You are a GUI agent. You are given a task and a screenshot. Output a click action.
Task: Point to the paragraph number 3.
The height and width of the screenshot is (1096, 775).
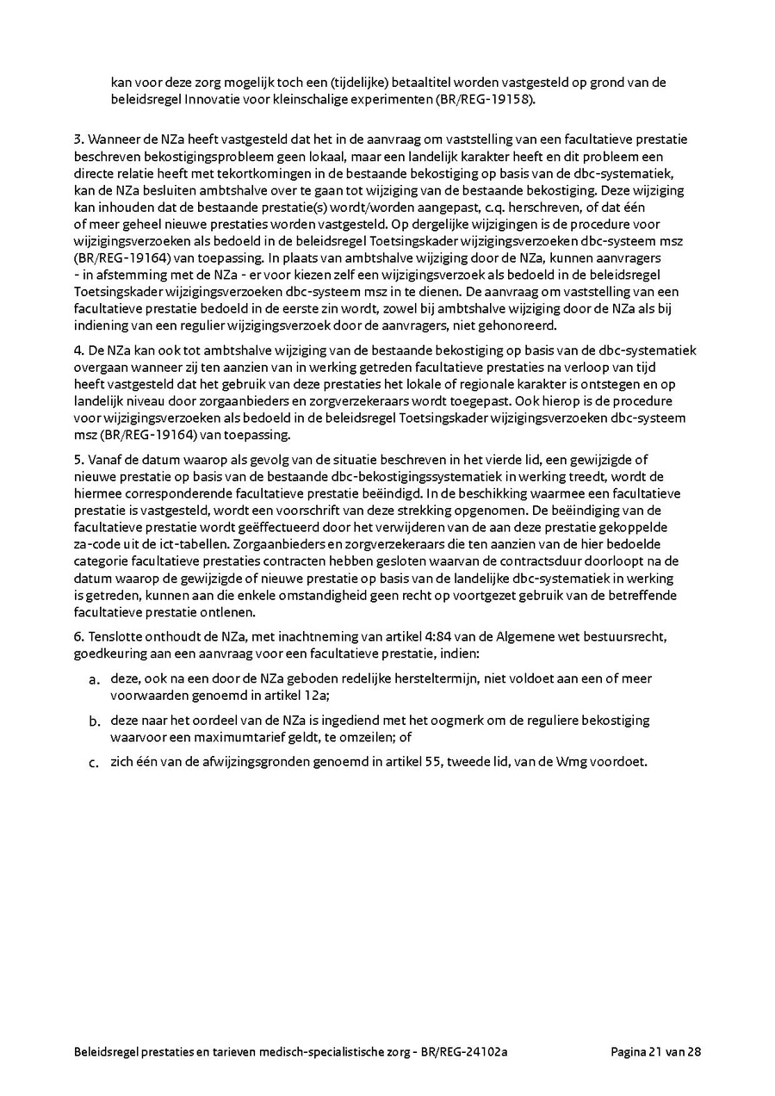(78, 139)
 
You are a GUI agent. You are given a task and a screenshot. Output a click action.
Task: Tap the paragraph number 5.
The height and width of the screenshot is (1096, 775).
(78, 460)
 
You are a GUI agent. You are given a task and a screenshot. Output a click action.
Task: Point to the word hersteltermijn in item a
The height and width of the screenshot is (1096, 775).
(424, 678)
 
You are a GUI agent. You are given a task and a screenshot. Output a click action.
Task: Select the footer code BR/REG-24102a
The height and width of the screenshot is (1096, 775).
(470, 1052)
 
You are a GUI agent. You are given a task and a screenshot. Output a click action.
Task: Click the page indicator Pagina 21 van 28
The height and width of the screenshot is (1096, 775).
(656, 1052)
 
